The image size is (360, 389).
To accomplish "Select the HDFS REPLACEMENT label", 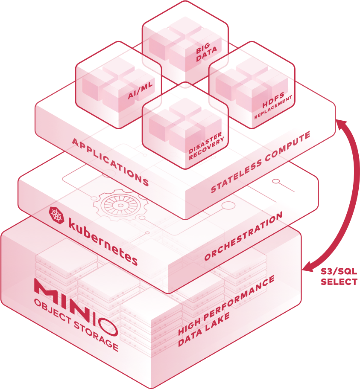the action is tap(273, 107).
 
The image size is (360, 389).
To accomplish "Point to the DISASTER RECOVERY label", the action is tap(206, 146).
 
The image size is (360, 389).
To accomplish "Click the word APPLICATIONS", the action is tap(110, 162).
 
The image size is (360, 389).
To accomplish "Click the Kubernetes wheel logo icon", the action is tap(56, 215).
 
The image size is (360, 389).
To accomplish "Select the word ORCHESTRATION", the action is tap(243, 236).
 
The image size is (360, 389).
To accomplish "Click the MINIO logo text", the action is tap(76, 308).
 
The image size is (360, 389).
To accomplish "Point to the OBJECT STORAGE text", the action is tap(76, 325).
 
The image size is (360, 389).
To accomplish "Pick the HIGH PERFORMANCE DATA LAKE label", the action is tap(226, 311).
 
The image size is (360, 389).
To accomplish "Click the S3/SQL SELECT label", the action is tap(339, 277).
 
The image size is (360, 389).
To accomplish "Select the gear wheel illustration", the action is tap(120, 205).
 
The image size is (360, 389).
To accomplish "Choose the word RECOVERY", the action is tap(207, 150).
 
